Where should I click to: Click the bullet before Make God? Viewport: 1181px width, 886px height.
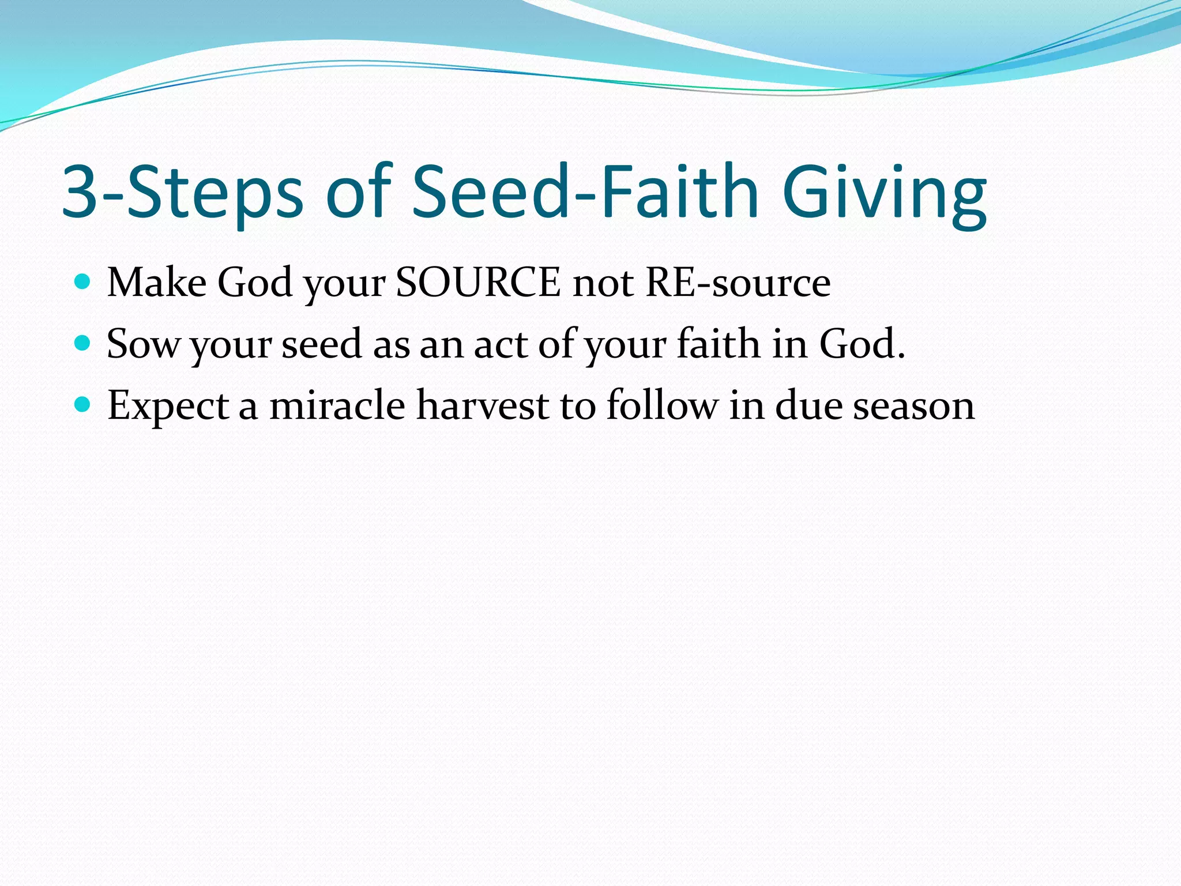coord(83,282)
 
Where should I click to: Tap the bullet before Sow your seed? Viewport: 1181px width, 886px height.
coord(83,344)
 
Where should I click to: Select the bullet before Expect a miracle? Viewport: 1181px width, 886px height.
coord(83,405)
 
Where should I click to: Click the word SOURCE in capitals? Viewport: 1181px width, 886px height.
coord(478,283)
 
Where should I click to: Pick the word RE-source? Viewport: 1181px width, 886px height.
coord(738,283)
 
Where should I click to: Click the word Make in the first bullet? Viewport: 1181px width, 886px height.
coord(157,283)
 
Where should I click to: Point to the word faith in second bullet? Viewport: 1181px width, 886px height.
coord(719,344)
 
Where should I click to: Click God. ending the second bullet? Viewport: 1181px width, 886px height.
coord(862,344)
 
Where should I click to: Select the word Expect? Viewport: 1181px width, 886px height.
coord(169,406)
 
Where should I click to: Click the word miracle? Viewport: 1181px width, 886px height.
coord(337,405)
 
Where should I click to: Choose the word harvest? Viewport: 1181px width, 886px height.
coord(483,405)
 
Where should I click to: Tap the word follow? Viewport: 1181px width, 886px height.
coord(662,405)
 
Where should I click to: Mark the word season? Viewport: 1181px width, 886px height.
coord(913,406)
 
